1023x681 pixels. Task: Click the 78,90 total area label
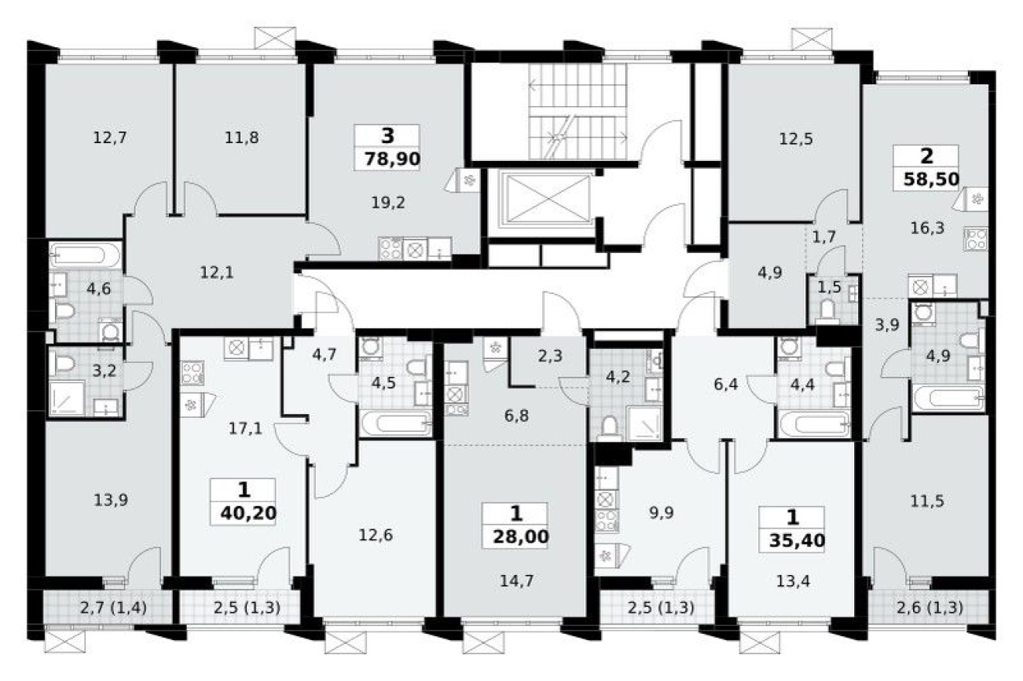387,159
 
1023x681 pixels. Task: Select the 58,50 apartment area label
931,180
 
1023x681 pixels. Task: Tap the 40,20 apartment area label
245,512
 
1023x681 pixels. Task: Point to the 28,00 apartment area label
517,536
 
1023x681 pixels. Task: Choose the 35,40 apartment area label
792,539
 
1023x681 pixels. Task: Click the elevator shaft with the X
546,199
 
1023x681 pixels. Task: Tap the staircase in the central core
577,111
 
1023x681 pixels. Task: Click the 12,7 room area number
109,139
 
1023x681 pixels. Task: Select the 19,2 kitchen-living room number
389,203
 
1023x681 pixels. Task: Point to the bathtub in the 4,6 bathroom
85,255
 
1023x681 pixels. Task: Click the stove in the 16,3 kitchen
976,238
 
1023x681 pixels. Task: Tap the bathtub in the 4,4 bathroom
814,424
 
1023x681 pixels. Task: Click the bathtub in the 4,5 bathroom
395,423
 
